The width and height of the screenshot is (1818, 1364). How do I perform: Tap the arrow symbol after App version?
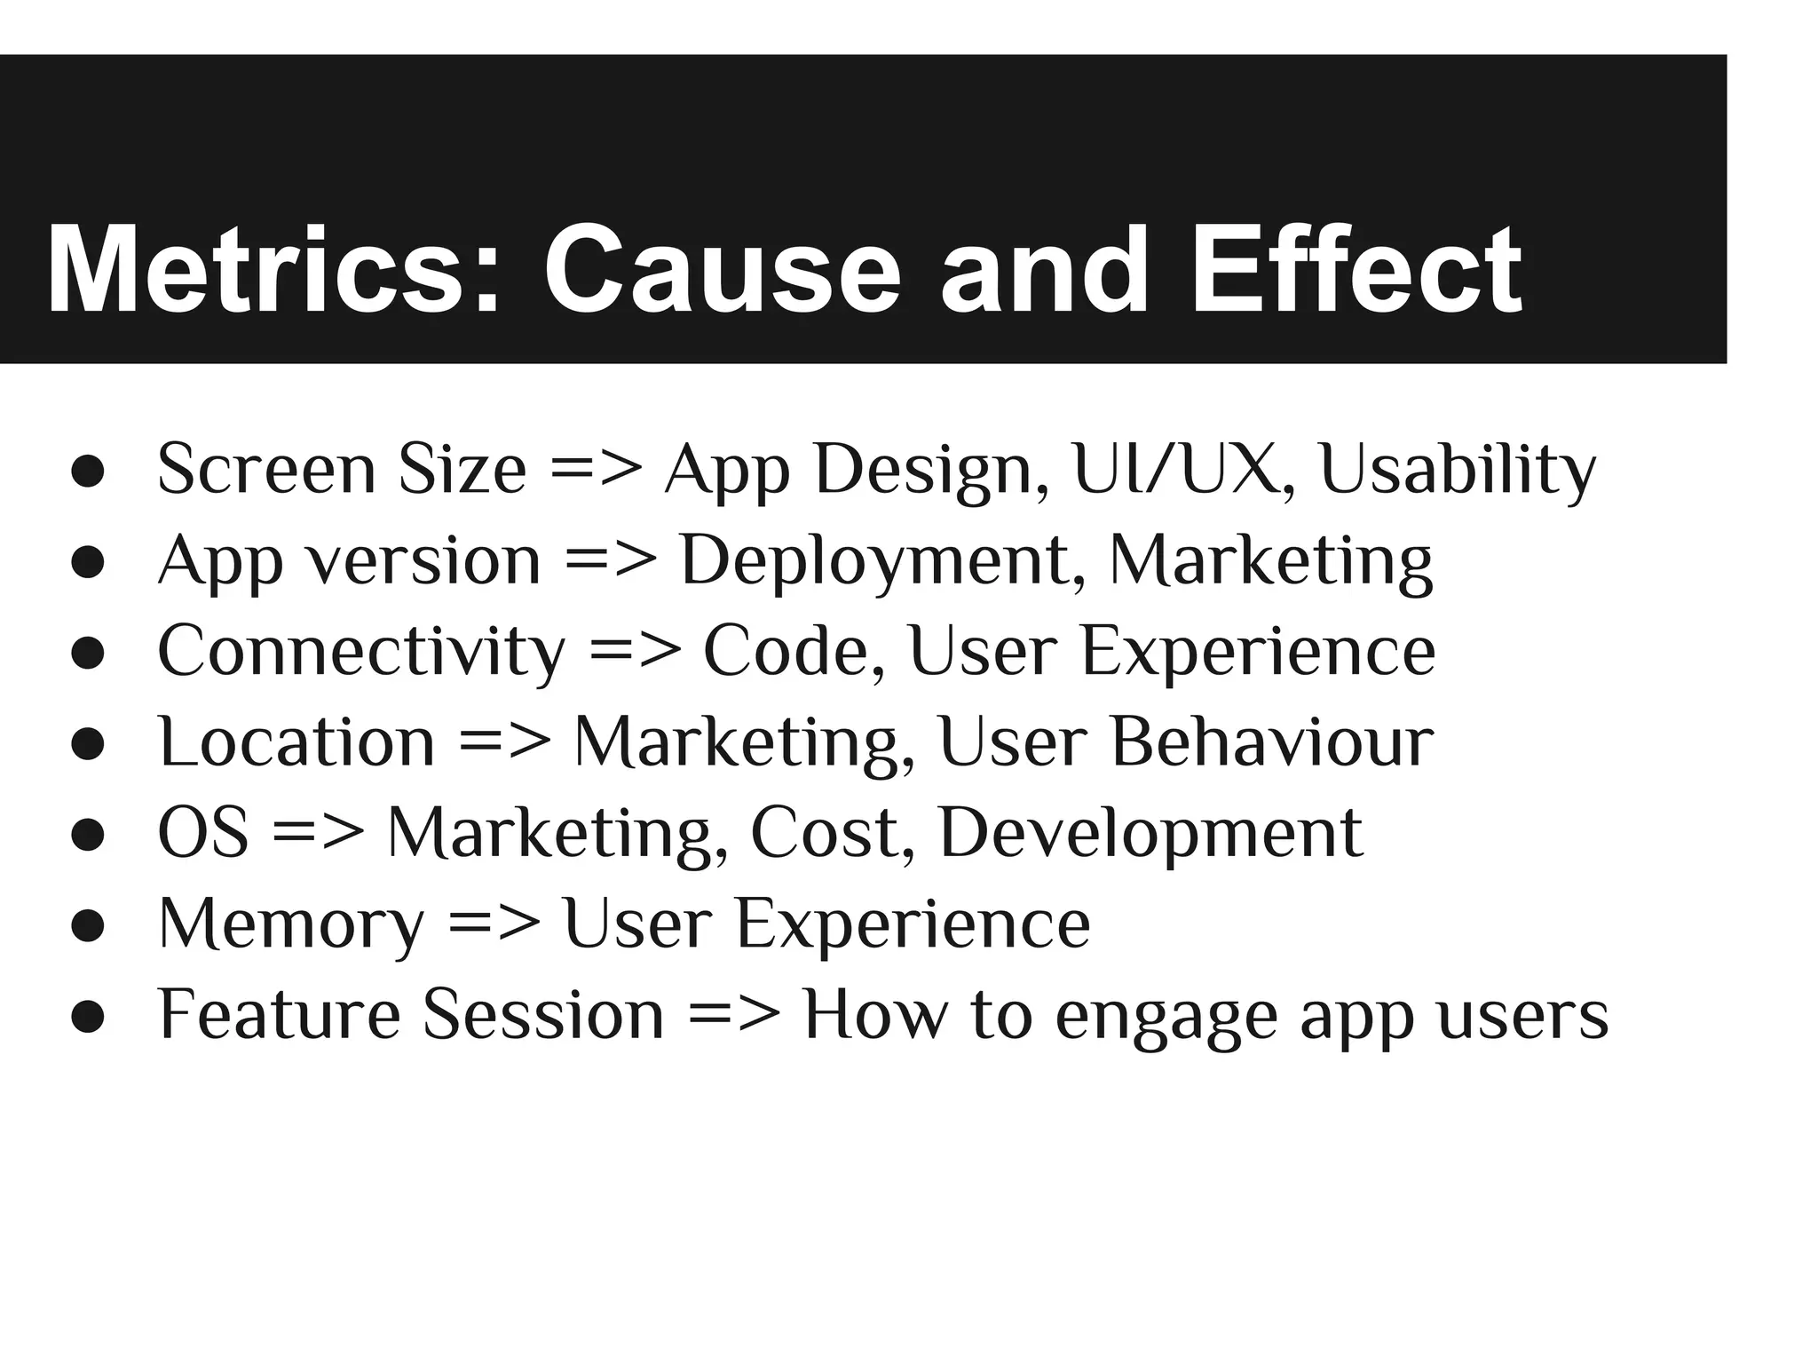pyautogui.click(x=611, y=561)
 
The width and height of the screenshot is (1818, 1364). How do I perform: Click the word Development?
pyautogui.click(x=1150, y=835)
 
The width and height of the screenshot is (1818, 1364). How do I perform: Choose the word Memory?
pyautogui.click(x=292, y=925)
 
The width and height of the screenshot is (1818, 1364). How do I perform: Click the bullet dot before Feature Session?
pyautogui.click(x=89, y=1018)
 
